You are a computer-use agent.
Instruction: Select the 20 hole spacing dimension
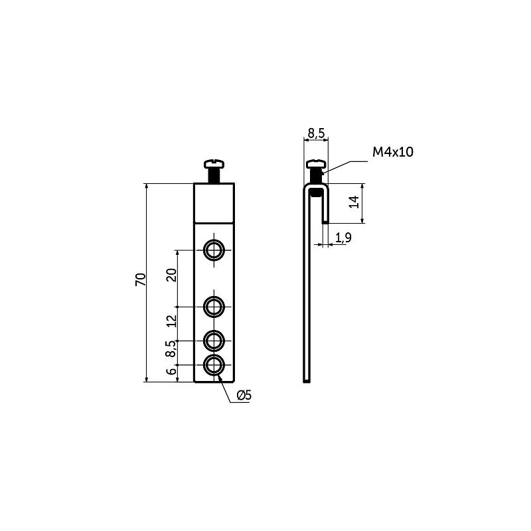[171, 275]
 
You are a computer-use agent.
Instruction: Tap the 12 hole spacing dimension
[171, 321]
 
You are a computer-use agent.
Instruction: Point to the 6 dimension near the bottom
[172, 372]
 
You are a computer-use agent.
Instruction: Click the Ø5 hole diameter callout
[244, 396]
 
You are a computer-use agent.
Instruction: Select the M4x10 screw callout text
[392, 152]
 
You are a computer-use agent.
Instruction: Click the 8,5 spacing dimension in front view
[171, 349]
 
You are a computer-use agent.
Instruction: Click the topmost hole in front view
[214, 250]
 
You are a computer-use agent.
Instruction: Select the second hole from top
[214, 307]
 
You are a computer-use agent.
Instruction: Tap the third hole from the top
[214, 341]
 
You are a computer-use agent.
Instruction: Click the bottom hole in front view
[214, 364]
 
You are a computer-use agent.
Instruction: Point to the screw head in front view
[214, 163]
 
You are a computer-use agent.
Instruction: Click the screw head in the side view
[316, 163]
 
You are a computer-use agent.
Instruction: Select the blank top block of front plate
[214, 202]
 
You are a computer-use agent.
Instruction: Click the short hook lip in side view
[325, 209]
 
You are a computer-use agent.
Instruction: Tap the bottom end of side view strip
[306, 380]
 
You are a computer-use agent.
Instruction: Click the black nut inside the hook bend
[317, 192]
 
